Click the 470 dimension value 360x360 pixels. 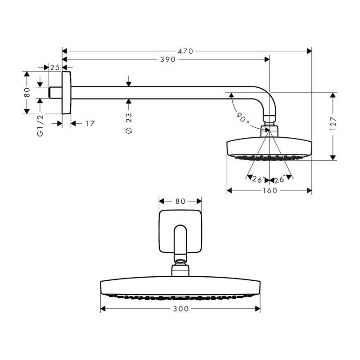(185, 51)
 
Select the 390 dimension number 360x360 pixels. (168, 60)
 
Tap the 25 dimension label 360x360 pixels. (55, 67)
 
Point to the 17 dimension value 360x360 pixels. (90, 124)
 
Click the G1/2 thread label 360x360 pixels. (40, 126)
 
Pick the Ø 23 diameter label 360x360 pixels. (129, 123)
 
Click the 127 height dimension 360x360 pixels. (333, 124)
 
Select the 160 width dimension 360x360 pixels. (270, 190)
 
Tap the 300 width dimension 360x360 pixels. (181, 309)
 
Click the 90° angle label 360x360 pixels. (243, 117)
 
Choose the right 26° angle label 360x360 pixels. (279, 179)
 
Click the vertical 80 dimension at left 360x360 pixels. (27, 92)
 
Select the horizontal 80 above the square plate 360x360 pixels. (180, 201)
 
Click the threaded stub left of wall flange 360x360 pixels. (55, 93)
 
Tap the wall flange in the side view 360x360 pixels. (67, 93)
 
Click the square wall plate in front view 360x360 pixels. (180, 231)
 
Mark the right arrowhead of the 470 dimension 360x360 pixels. (309, 51)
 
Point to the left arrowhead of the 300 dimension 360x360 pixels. (103, 309)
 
